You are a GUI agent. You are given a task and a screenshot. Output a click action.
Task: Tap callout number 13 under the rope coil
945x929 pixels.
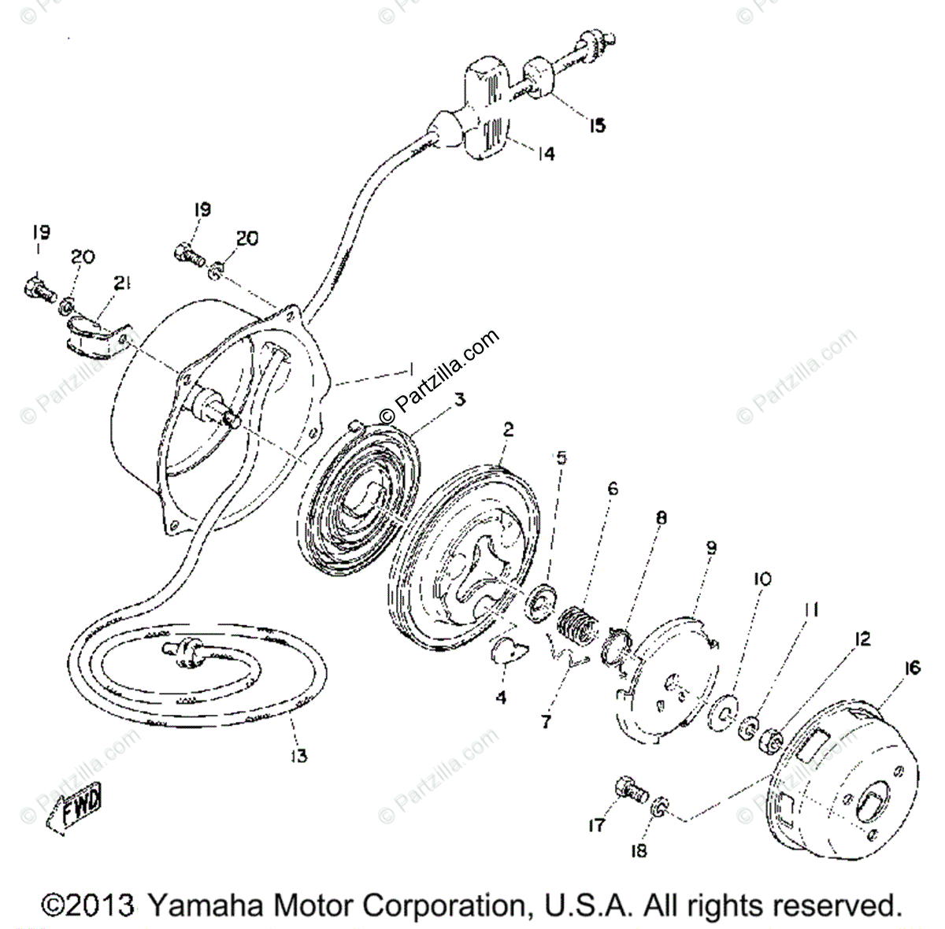pos(297,756)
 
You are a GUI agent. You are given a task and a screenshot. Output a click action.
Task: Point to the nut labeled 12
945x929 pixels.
pos(769,740)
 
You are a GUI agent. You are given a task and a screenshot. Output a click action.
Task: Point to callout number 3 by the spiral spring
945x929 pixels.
pos(459,400)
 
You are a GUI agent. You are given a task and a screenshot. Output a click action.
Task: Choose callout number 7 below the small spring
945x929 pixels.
pos(546,721)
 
